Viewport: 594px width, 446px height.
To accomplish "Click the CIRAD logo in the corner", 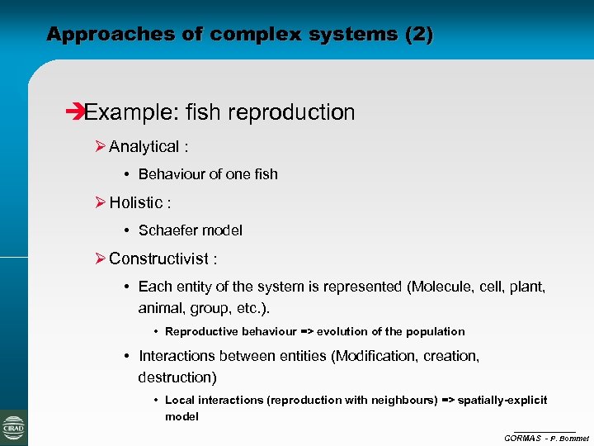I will (x=14, y=428).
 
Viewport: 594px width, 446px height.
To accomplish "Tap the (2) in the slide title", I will (x=418, y=35).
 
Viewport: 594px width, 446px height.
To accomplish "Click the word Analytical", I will (x=144, y=147).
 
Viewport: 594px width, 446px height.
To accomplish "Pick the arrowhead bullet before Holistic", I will (x=100, y=202).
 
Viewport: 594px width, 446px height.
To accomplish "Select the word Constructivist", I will (x=158, y=259).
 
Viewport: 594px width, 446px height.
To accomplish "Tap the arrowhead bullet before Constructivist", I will (x=100, y=259).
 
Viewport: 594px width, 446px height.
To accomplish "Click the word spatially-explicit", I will (x=502, y=400).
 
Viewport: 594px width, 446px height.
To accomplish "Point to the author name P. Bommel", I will (x=570, y=438).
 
